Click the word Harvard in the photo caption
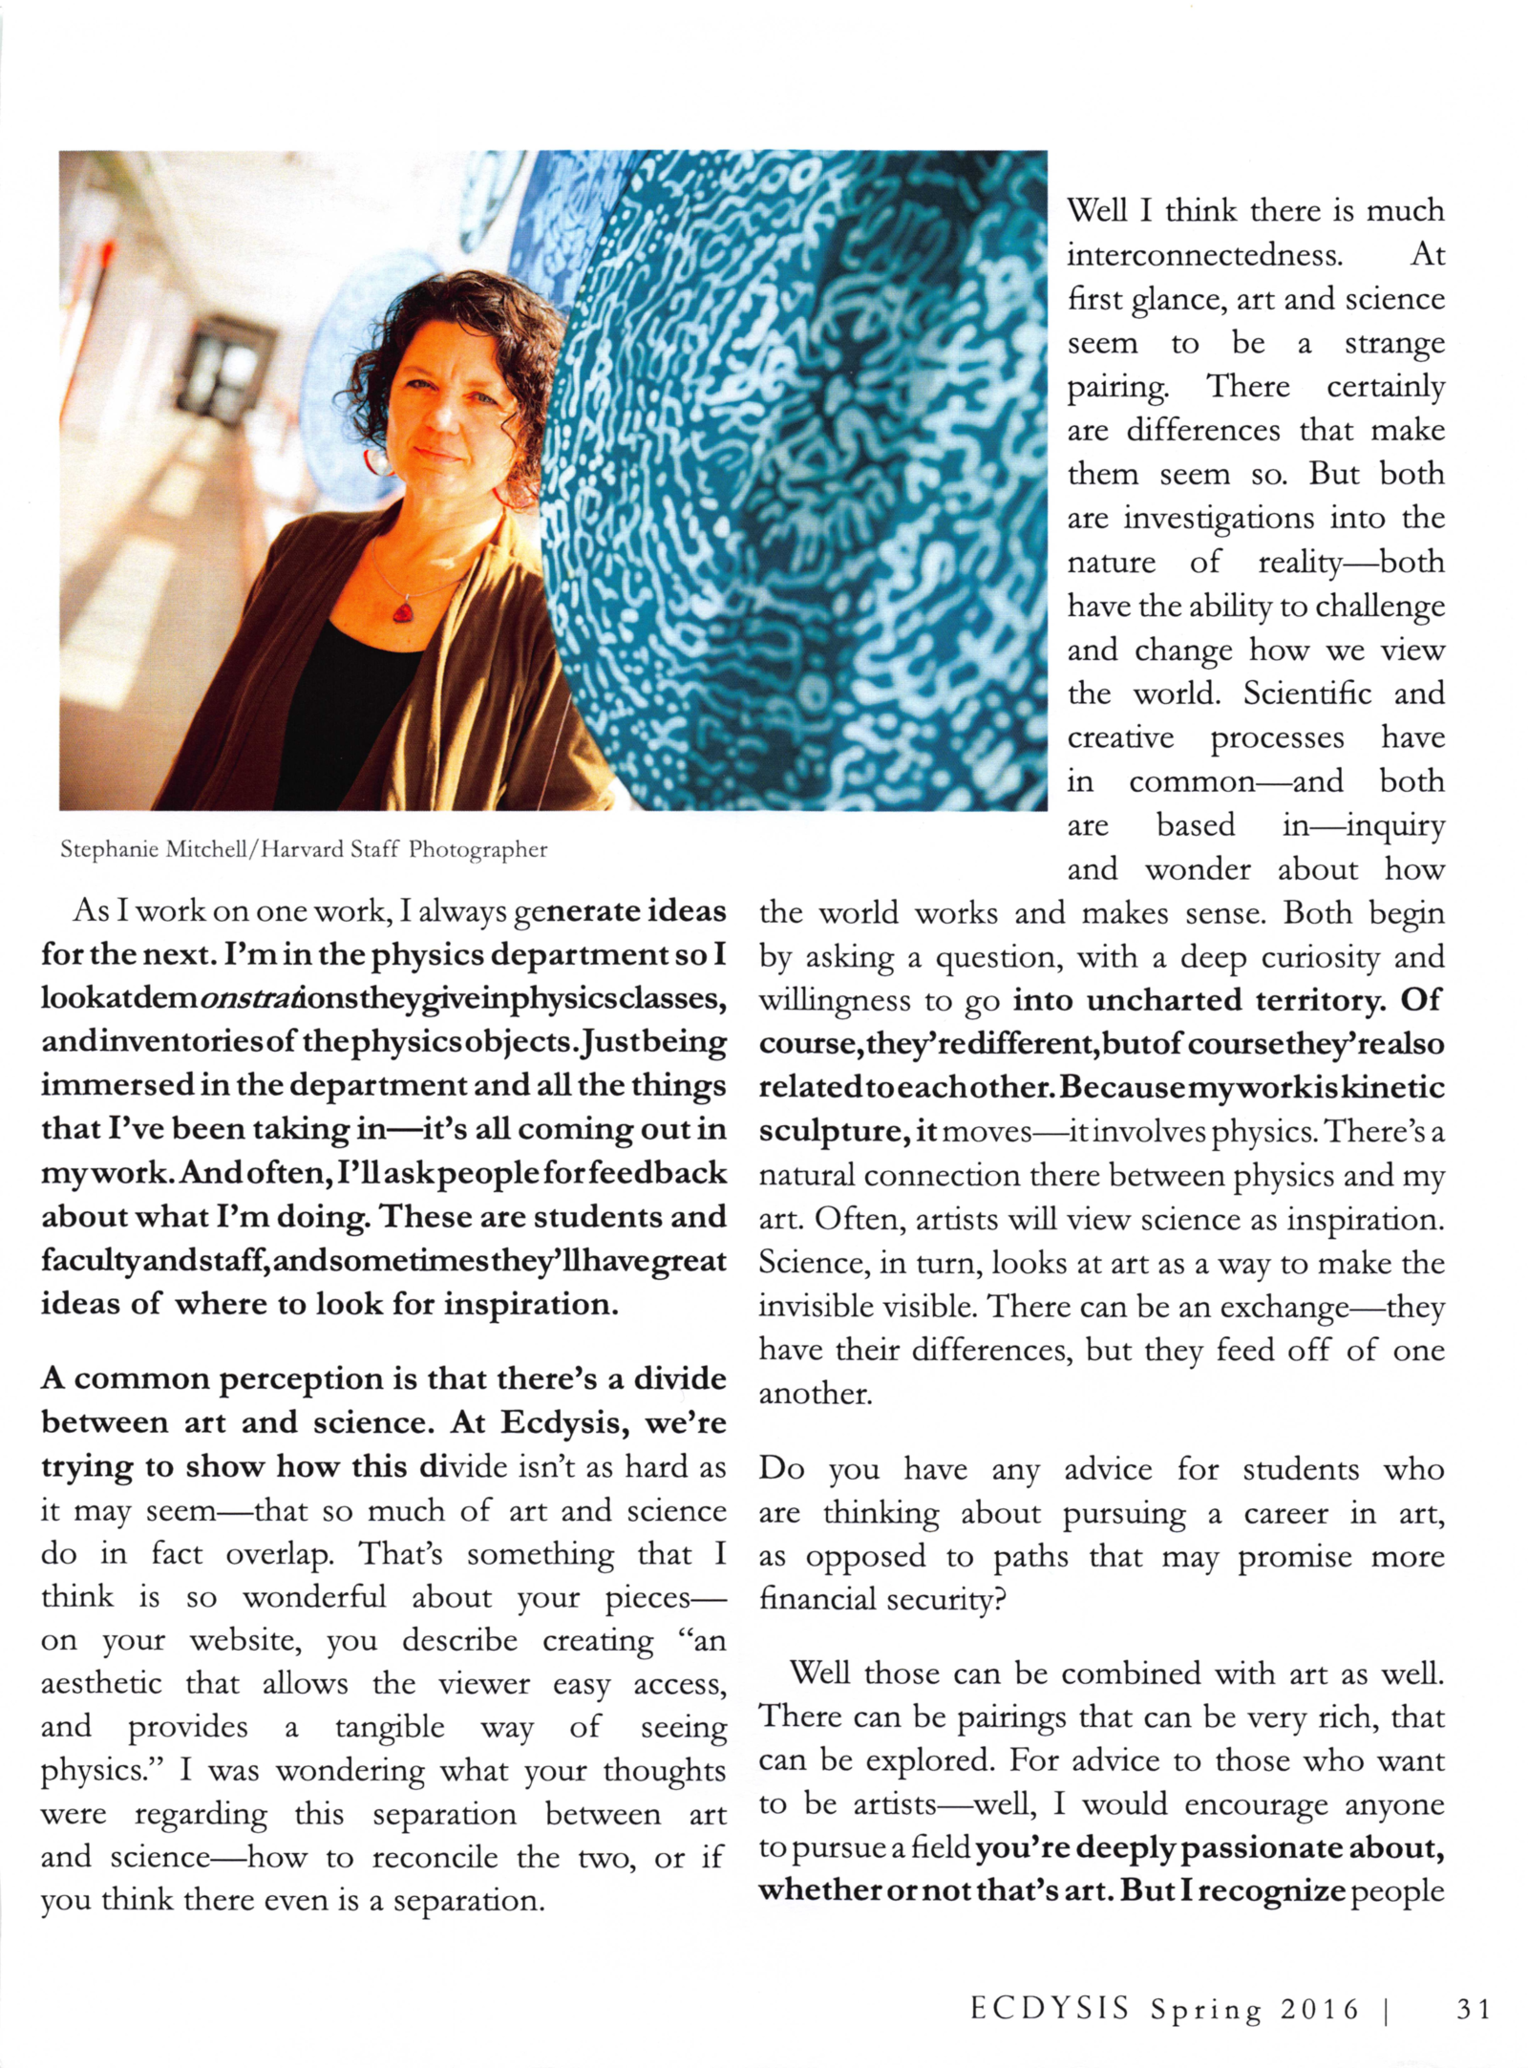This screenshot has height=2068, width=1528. click(297, 849)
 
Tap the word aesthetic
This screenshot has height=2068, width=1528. click(100, 1683)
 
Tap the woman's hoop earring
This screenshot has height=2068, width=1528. click(379, 462)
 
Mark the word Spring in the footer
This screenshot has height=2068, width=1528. click(1205, 2010)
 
